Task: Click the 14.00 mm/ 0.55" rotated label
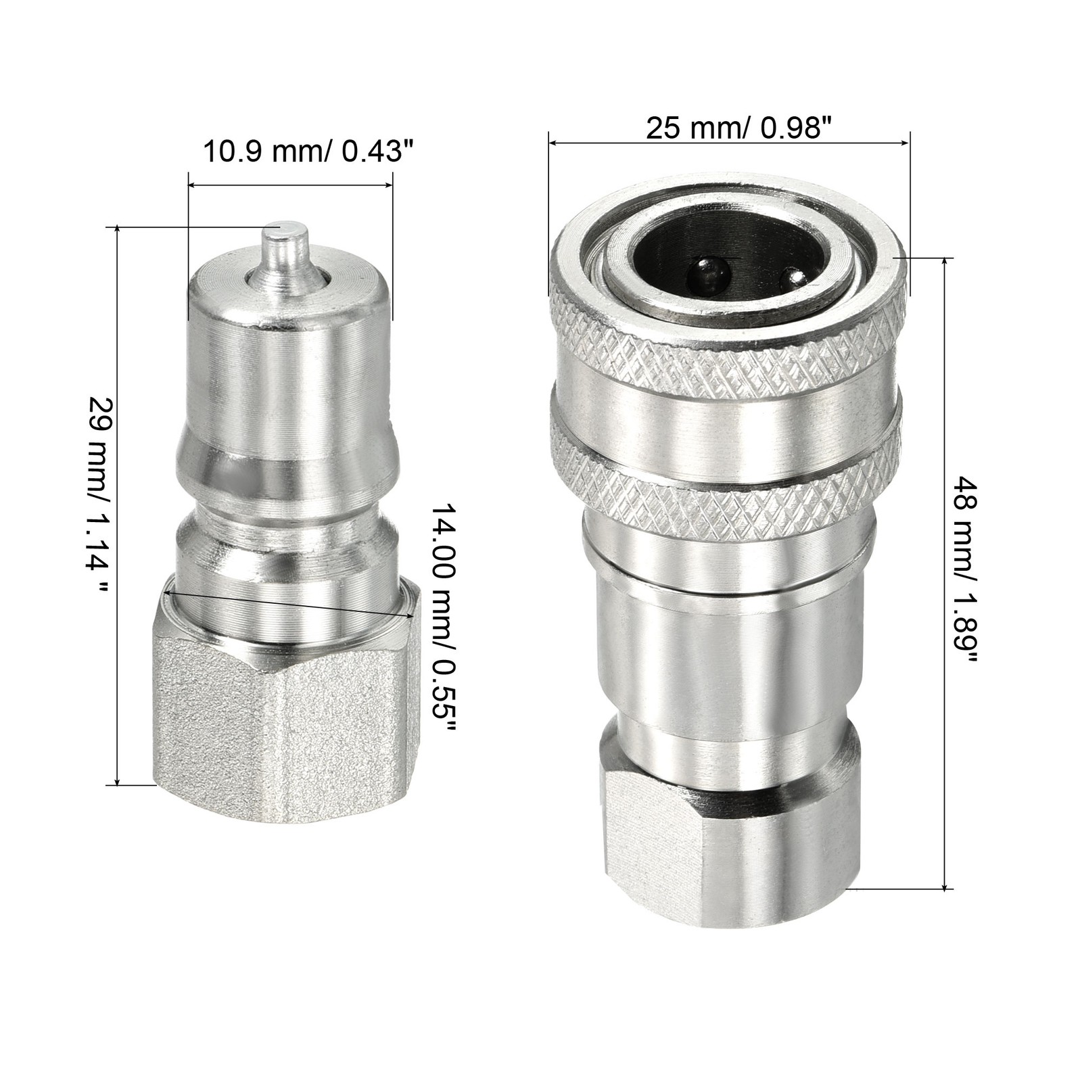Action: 446,619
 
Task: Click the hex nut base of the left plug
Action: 284,710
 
